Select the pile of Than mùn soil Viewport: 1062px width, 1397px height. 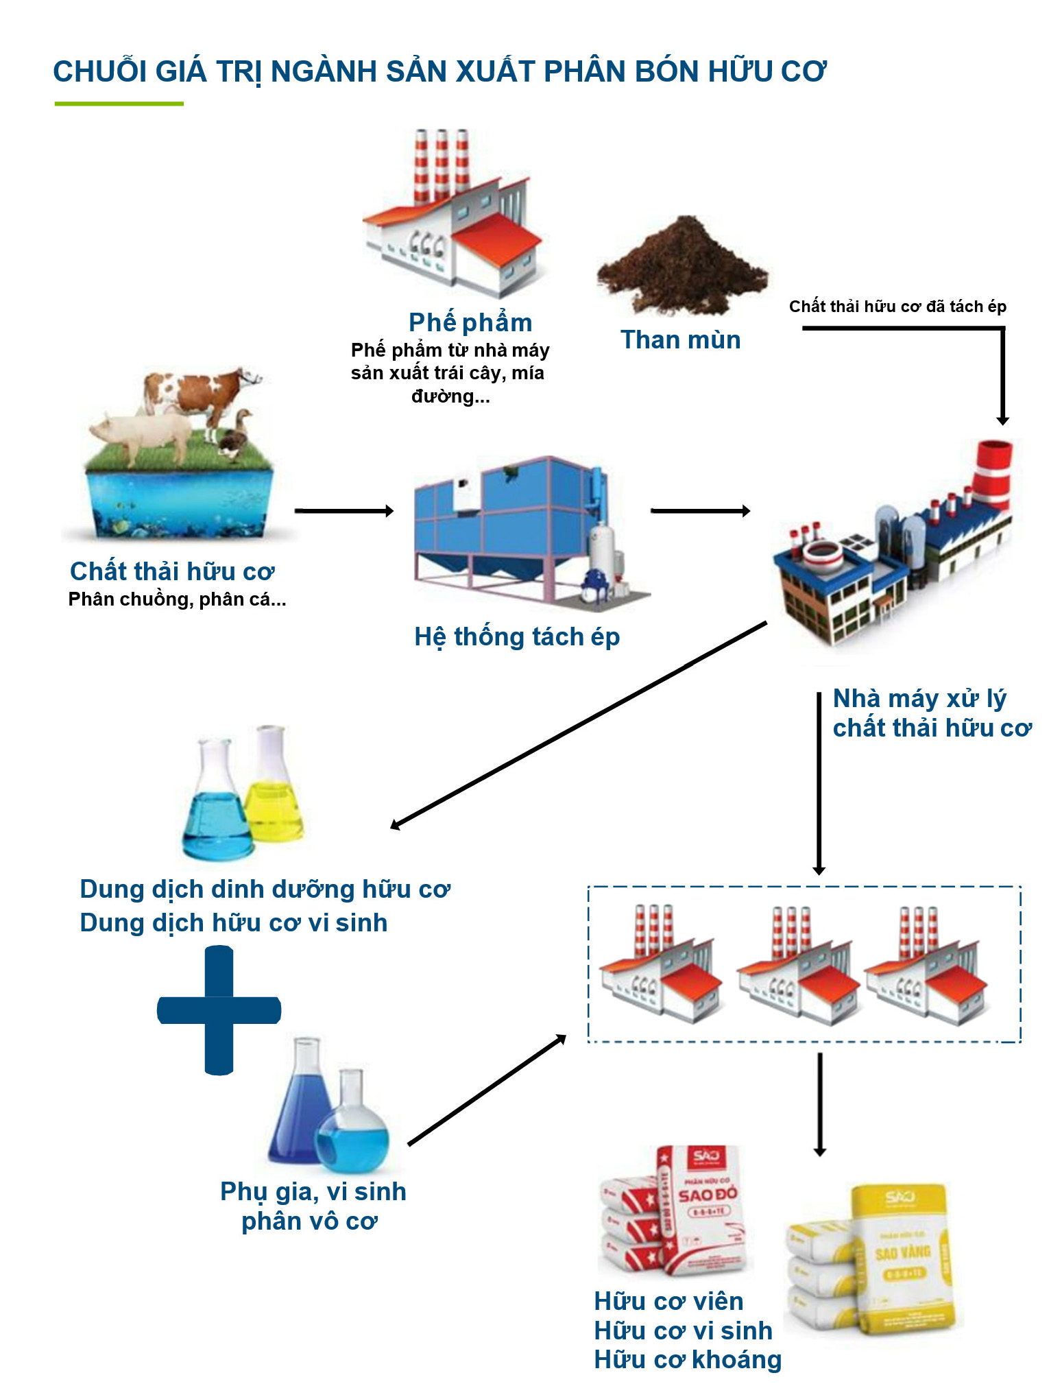coord(682,267)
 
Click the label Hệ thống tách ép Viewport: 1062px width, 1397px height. coord(517,637)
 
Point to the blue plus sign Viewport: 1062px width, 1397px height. coord(219,1010)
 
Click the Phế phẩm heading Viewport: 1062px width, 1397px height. coord(470,322)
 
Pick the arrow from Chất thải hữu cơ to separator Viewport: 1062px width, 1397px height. coord(344,511)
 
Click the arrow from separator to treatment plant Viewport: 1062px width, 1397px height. coord(700,511)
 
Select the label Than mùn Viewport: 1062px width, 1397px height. coord(680,340)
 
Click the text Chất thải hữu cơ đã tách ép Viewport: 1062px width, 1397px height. coord(897,307)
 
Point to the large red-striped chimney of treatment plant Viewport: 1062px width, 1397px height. coord(994,473)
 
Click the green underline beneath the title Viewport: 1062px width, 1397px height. coord(119,104)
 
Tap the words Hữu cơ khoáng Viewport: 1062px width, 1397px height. coord(688,1359)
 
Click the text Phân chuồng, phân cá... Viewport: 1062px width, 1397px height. coord(177,599)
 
